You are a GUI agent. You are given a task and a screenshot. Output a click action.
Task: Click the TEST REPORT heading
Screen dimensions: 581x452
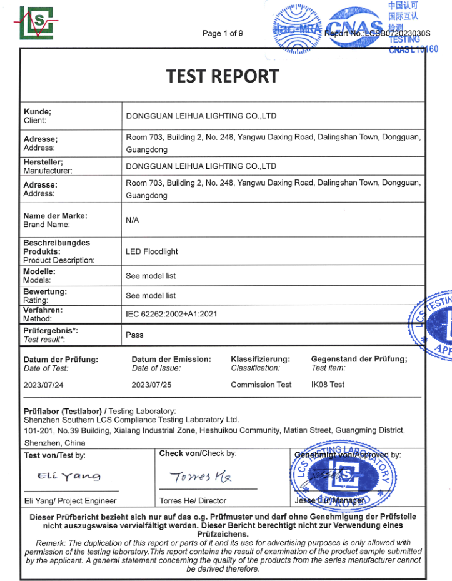(222, 76)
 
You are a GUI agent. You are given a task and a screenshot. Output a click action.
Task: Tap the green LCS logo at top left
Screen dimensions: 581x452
(36, 23)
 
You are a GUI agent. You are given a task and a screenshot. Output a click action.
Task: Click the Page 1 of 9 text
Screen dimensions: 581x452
(223, 33)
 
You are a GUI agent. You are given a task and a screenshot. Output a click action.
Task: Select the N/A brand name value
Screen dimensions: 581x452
(132, 220)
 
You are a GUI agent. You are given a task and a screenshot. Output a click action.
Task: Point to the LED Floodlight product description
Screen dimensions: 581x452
(151, 251)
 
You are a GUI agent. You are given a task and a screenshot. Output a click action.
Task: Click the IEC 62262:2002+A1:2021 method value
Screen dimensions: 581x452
(171, 314)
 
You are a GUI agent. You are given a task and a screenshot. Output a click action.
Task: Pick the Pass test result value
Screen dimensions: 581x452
(134, 335)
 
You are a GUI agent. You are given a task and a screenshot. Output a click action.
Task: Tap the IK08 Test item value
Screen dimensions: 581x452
(328, 385)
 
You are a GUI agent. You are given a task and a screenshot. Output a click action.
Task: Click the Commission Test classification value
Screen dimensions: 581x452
(261, 385)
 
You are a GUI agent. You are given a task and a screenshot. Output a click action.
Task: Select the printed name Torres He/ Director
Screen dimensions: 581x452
(193, 500)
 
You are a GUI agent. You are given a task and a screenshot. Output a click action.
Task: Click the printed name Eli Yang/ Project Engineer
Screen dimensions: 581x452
(70, 500)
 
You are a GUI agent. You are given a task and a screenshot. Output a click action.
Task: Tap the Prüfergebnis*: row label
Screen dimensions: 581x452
(51, 331)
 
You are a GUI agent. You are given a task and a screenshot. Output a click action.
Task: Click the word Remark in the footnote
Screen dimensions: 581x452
(49, 542)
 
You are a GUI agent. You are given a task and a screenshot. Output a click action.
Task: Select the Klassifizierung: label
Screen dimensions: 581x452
(260, 359)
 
